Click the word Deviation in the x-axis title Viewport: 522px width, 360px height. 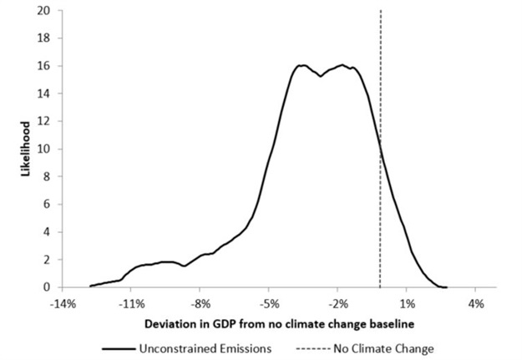pyautogui.click(x=170, y=322)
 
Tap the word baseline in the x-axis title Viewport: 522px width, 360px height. pyautogui.click(x=389, y=322)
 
